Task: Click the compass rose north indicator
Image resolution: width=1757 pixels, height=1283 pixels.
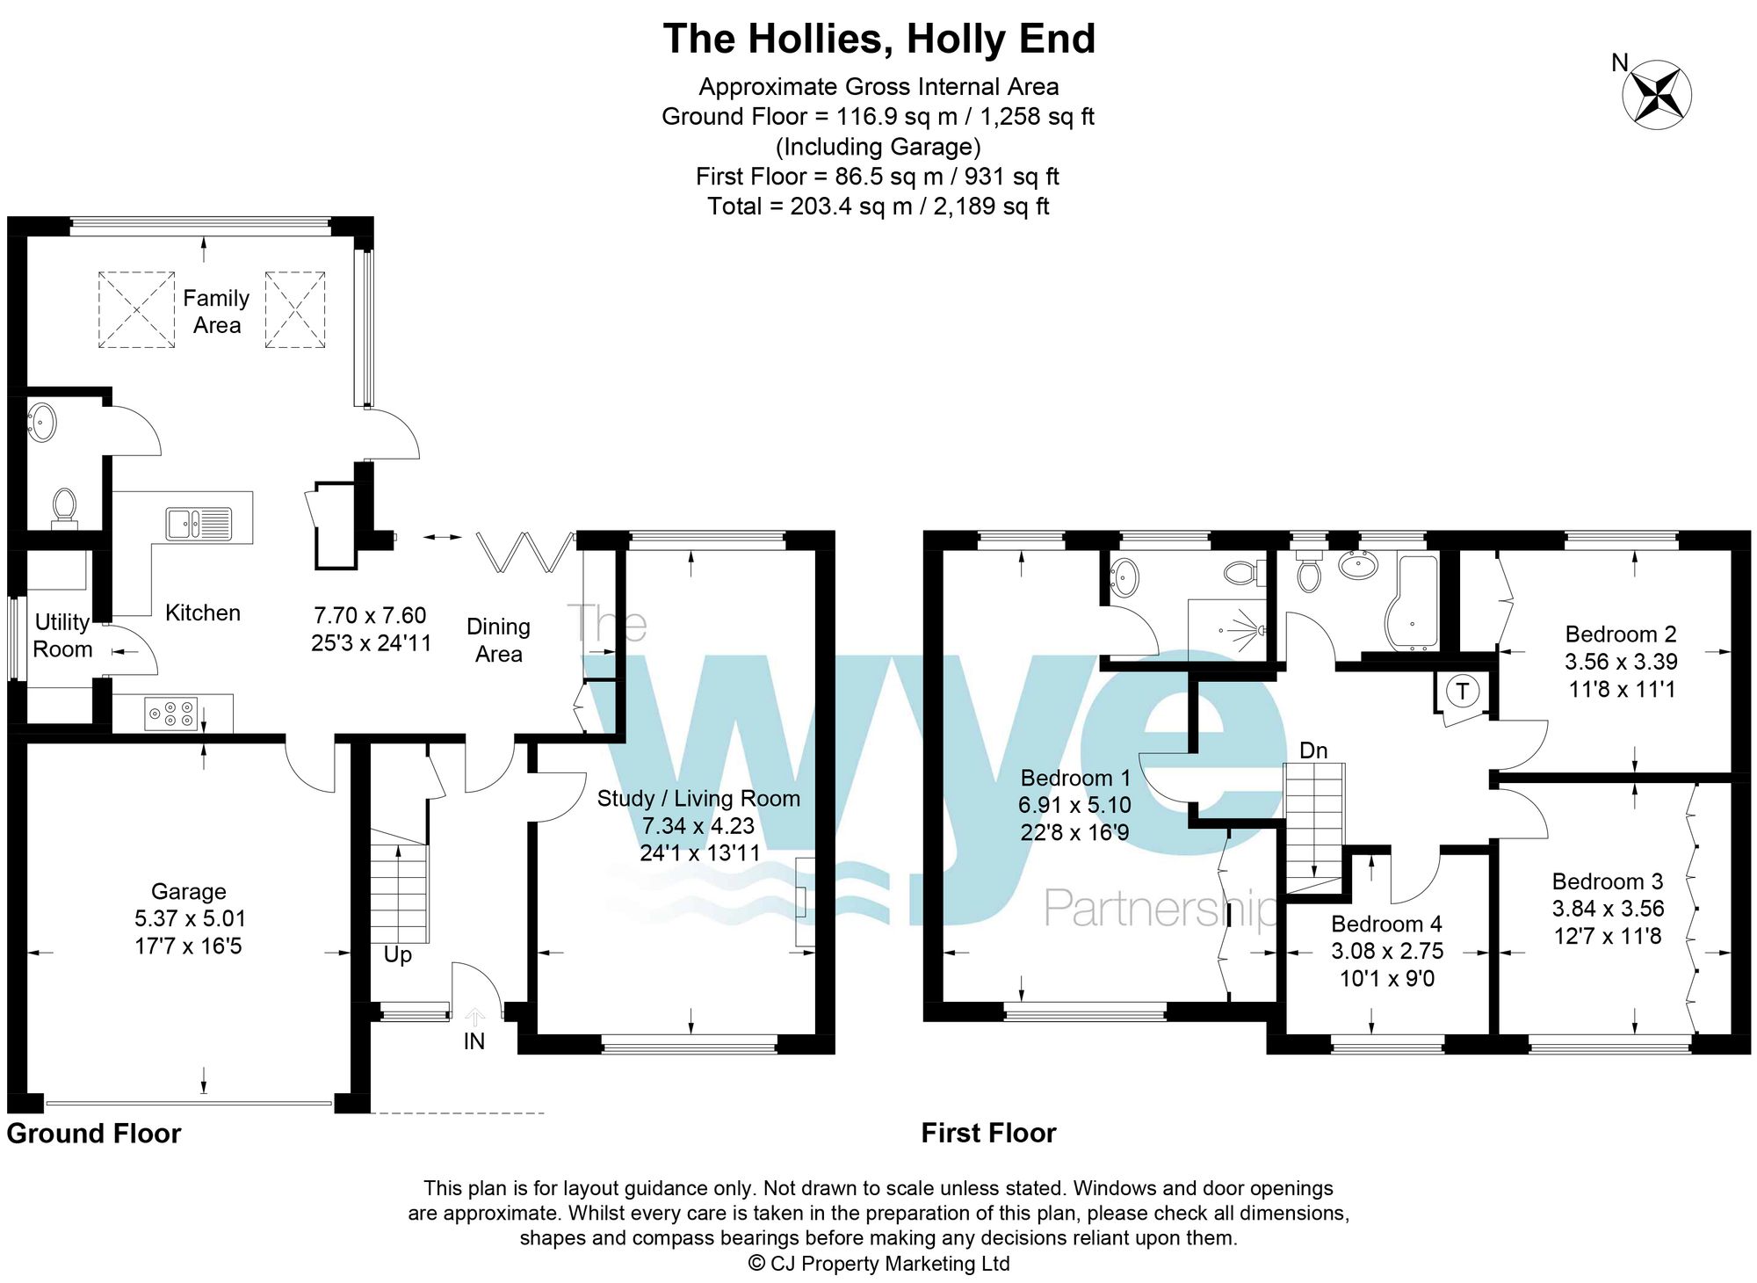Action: coord(1656,95)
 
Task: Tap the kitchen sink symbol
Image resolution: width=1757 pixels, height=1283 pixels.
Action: coord(199,524)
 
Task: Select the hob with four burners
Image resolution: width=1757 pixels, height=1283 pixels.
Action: coord(171,714)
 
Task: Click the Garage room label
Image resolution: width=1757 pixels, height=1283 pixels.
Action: coord(188,891)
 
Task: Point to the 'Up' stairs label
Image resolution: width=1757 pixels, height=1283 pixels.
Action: coord(397,954)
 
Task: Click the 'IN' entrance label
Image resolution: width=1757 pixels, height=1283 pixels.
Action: coord(474,1041)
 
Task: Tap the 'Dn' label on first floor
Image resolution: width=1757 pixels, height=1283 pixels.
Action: coord(1312,750)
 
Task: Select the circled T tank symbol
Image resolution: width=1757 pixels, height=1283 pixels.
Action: coord(1463,691)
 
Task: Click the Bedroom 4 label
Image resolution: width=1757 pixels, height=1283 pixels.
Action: coord(1386,924)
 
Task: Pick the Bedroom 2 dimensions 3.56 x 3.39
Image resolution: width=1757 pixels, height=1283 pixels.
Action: coord(1621,662)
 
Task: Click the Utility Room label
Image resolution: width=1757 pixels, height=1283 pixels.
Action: coord(62,635)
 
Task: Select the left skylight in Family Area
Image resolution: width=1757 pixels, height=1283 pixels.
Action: coord(136,309)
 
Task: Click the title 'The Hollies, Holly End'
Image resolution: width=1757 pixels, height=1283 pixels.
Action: coord(878,39)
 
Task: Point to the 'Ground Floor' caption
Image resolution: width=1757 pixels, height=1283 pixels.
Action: coord(94,1134)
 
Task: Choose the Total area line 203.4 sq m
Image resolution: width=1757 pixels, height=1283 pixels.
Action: coord(878,207)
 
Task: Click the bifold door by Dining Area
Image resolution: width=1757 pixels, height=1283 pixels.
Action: coord(525,552)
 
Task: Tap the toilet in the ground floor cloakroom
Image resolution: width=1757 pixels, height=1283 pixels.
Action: coord(64,508)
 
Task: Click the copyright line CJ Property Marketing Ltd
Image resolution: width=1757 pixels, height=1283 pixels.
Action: coord(878,1264)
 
